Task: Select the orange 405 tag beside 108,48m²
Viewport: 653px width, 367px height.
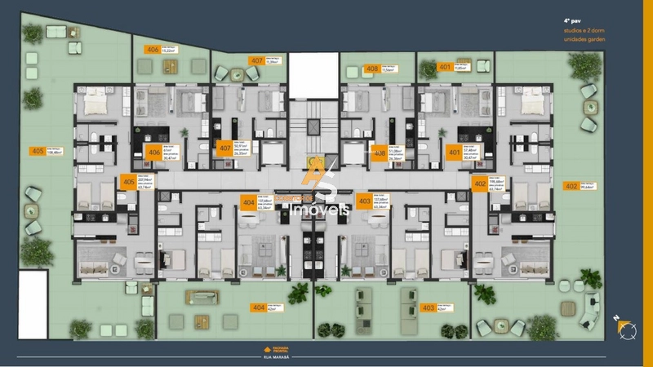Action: click(x=37, y=151)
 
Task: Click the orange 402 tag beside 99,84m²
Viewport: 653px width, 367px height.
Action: click(x=571, y=186)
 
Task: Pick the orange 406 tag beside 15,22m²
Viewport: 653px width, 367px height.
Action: click(x=152, y=49)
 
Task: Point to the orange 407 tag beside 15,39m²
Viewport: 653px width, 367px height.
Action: click(x=257, y=60)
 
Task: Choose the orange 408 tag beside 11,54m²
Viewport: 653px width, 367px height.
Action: click(x=372, y=69)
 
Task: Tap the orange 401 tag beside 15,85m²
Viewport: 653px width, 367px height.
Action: click(x=445, y=67)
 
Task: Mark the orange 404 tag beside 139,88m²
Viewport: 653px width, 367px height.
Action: click(x=248, y=201)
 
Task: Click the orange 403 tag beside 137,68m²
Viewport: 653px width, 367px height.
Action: click(x=364, y=200)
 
